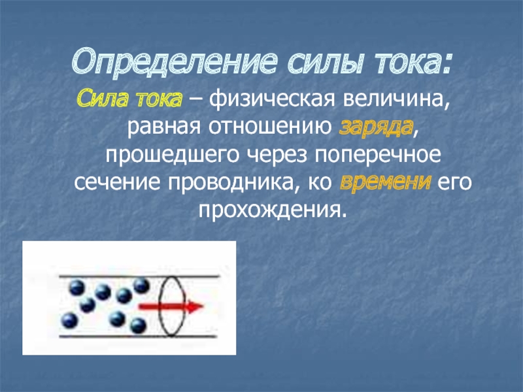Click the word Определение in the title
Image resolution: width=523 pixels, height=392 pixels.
(174, 62)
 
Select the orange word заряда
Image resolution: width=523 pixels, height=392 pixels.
(377, 127)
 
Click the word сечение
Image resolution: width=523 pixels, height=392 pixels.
(117, 183)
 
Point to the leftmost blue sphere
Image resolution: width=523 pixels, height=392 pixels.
(70, 320)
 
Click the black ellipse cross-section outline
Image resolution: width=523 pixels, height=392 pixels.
(160, 306)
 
